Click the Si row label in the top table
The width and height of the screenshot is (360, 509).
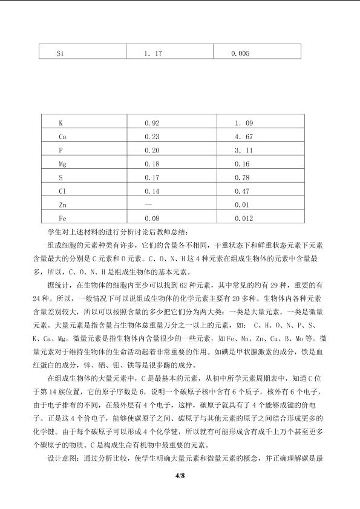(x=60, y=53)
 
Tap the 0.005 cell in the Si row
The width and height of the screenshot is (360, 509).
(x=240, y=53)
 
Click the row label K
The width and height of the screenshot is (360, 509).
(x=61, y=123)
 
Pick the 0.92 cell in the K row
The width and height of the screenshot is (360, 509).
(x=151, y=123)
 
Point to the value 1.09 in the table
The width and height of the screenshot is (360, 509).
(x=243, y=123)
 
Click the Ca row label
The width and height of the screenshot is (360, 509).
(x=62, y=137)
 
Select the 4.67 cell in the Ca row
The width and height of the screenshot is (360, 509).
(x=243, y=137)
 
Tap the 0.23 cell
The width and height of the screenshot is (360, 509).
(x=151, y=137)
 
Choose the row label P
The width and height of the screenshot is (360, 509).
(x=61, y=150)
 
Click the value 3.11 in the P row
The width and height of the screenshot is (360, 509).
(x=243, y=150)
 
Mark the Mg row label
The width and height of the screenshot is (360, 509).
(x=62, y=164)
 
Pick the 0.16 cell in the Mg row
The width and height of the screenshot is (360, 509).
(x=242, y=164)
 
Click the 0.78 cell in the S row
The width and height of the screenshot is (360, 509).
(x=242, y=177)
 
